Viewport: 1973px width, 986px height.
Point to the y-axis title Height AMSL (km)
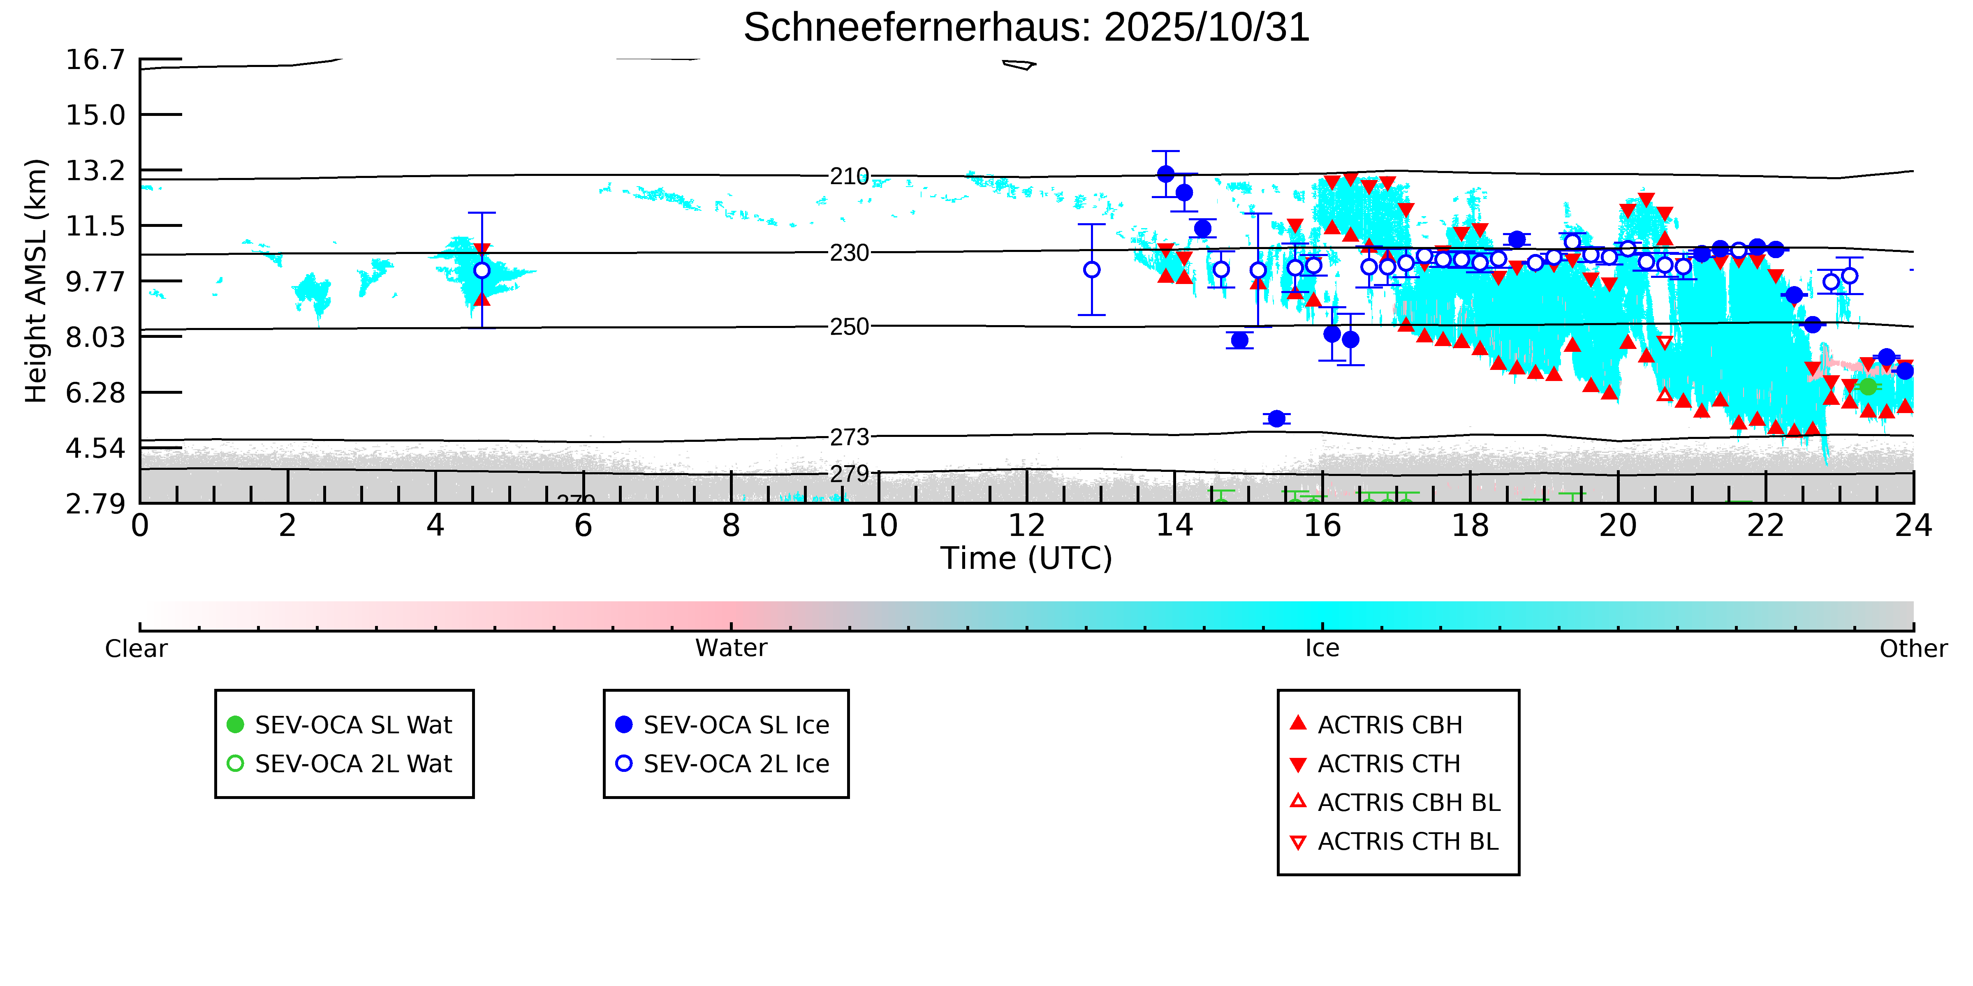[x=36, y=281]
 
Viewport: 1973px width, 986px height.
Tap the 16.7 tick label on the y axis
[x=95, y=60]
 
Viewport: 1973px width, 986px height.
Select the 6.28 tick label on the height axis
[x=95, y=393]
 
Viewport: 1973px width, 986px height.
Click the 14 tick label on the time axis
[x=1174, y=526]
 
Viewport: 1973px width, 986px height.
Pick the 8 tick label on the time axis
[x=731, y=526]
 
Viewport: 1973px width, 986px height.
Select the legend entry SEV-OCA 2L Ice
[x=735, y=764]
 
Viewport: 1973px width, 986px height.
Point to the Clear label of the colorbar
[x=137, y=649]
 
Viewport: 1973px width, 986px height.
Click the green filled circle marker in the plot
[x=1868, y=387]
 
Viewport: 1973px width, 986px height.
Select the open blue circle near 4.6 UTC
[x=482, y=270]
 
